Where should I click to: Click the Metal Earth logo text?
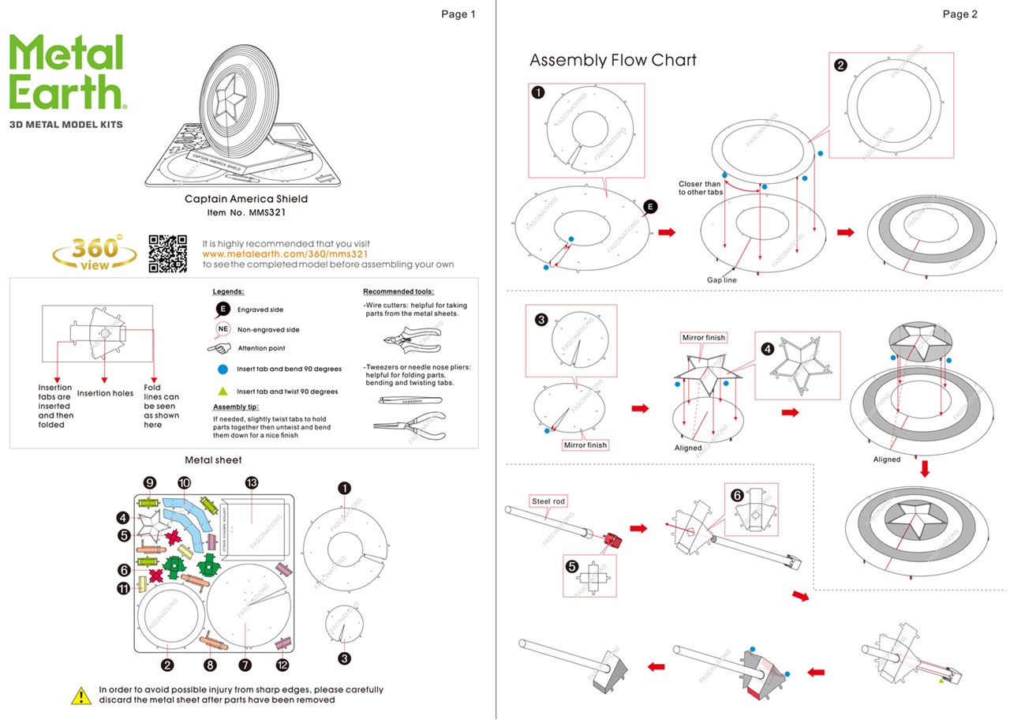click(67, 73)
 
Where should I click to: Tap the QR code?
click(167, 253)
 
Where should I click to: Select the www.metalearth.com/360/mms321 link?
click(286, 254)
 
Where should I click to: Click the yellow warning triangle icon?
click(81, 696)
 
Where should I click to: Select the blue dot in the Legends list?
click(223, 369)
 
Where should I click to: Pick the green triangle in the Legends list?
click(223, 391)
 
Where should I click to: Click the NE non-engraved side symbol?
click(223, 329)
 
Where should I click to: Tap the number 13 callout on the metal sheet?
click(252, 483)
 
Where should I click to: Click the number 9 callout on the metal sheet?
click(150, 483)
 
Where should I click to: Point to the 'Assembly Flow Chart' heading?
click(612, 61)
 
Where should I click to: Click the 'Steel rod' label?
click(548, 501)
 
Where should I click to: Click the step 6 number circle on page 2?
click(736, 496)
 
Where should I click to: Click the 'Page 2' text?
click(959, 14)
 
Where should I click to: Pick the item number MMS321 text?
click(246, 212)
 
